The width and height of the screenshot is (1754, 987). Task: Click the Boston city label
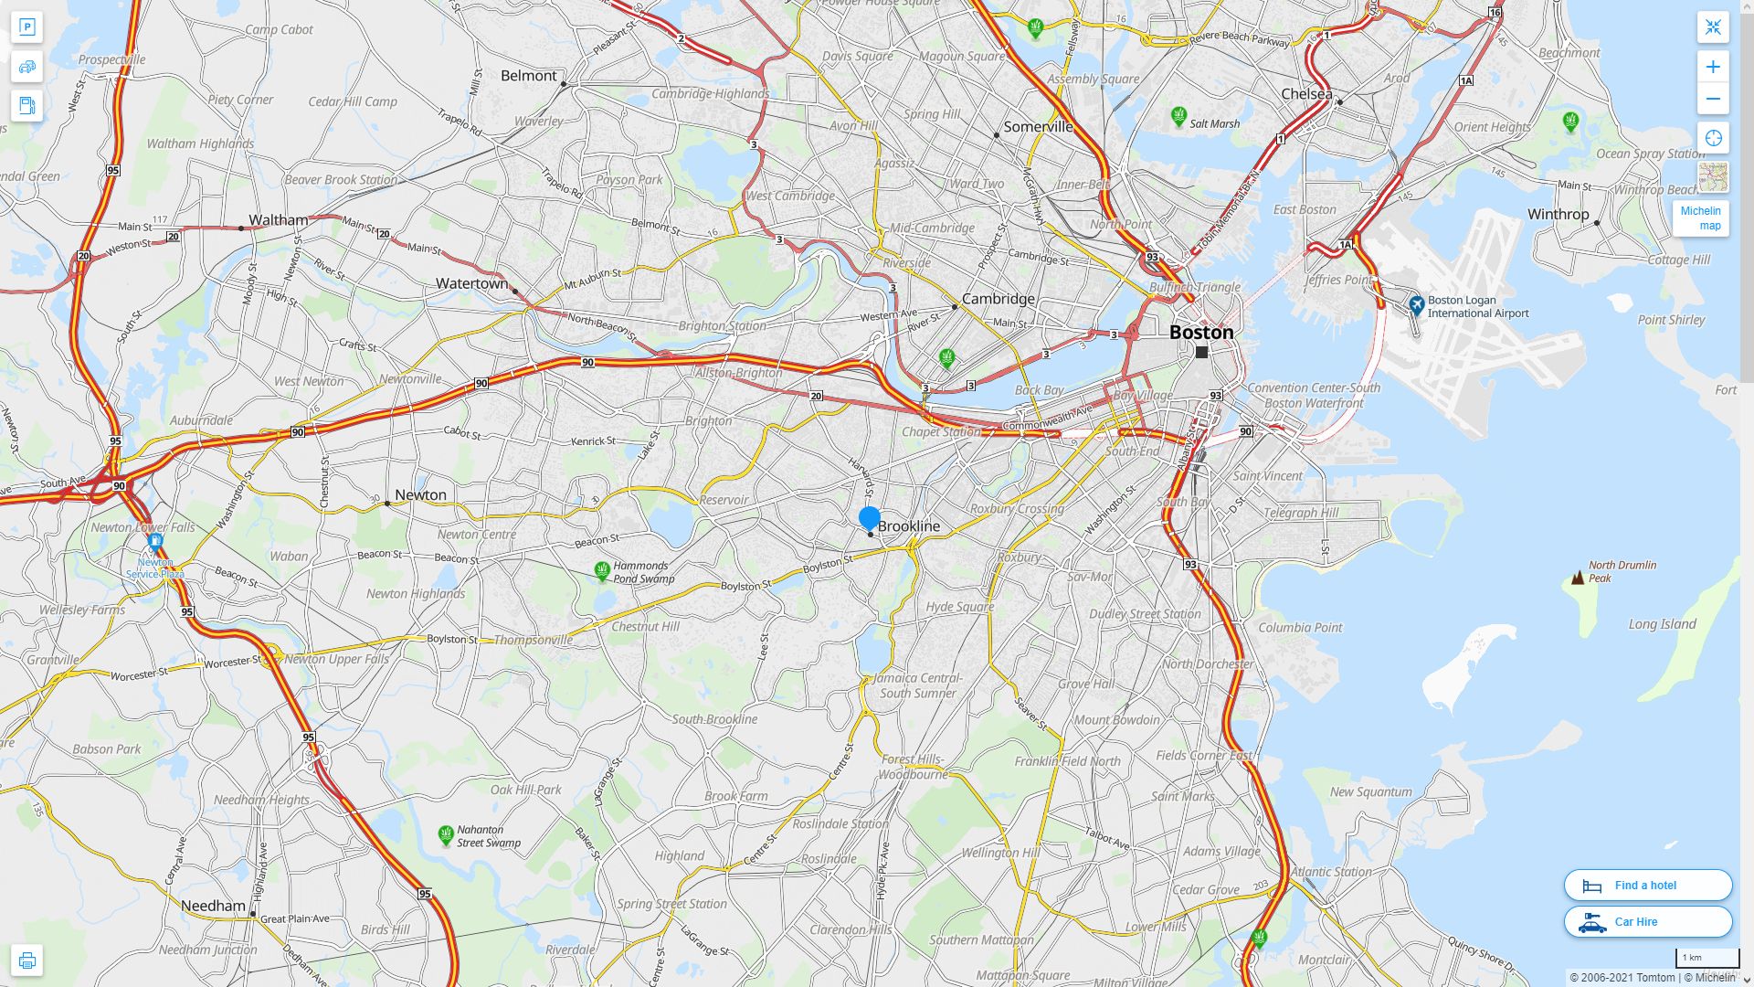(1201, 333)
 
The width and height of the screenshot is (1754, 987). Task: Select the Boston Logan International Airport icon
(1416, 305)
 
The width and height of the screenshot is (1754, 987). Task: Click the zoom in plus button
(1713, 67)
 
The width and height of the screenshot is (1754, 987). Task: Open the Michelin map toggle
(1700, 218)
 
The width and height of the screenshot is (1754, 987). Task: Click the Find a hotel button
(1647, 885)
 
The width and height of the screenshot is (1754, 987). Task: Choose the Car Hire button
(1647, 921)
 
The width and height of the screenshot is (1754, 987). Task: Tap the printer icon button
(26, 960)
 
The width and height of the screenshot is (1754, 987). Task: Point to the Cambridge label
(998, 299)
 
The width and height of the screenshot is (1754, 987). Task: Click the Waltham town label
(278, 220)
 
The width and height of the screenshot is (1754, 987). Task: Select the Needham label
(213, 906)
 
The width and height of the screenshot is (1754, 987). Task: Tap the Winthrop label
(1558, 215)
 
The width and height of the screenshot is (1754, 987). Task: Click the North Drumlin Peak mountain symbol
(1577, 578)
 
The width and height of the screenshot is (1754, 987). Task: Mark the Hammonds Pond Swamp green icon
(602, 571)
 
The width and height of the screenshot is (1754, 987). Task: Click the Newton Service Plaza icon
(155, 542)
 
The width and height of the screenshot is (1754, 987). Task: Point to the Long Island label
(1662, 624)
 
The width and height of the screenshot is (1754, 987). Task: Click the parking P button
(26, 27)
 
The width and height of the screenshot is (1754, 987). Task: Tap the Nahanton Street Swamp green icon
(446, 834)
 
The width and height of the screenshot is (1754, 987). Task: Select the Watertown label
(471, 283)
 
